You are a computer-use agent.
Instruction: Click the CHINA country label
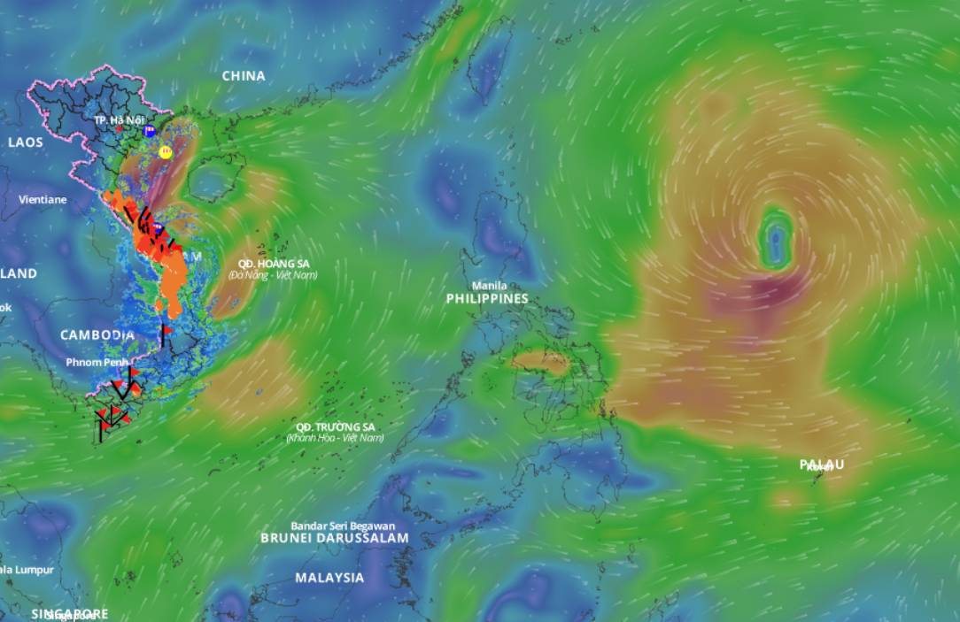pos(244,76)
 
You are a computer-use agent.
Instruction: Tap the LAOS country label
pos(25,142)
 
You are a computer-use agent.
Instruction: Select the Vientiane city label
pos(43,200)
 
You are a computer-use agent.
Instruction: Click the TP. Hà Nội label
pos(119,119)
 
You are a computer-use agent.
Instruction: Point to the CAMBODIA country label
pos(97,335)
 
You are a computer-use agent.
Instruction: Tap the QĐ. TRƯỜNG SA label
pos(335,426)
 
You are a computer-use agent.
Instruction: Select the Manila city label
pos(489,286)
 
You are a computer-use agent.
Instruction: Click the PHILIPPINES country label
pos(486,299)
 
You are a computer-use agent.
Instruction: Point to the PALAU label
pos(822,465)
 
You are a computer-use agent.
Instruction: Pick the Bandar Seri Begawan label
pos(343,526)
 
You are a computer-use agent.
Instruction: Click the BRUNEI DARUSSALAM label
pos(335,538)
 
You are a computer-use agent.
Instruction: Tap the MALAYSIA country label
pos(329,578)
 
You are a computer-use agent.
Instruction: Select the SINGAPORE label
pos(69,613)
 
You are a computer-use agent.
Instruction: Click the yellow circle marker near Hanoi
pos(165,152)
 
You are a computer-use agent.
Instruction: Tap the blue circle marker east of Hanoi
pos(150,131)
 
